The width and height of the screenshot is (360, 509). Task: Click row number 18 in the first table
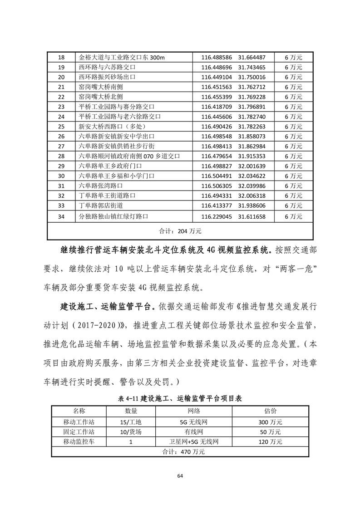tap(62, 58)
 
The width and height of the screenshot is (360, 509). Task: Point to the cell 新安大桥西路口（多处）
tap(110, 127)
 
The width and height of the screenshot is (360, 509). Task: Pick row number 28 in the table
tap(62, 156)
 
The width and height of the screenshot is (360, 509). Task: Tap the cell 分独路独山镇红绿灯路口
tap(113, 216)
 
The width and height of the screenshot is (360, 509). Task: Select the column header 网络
tap(194, 411)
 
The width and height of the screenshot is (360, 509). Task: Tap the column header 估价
tap(270, 411)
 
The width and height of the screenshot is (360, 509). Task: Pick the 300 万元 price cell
tap(270, 421)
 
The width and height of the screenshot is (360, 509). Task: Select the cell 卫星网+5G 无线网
tap(194, 441)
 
